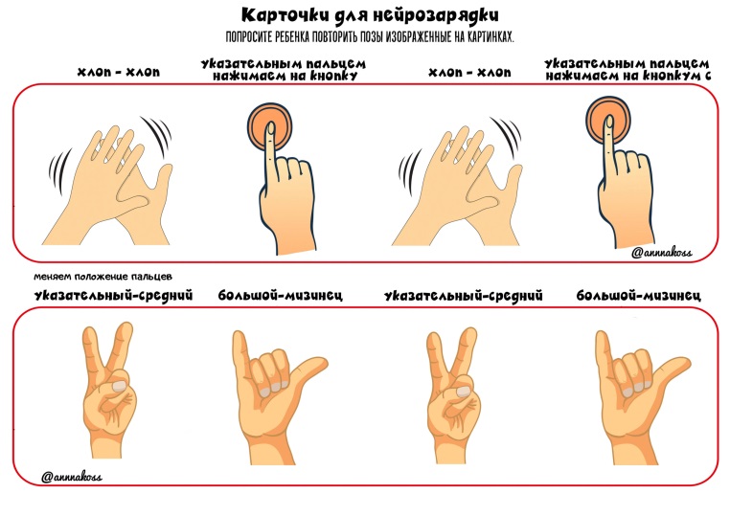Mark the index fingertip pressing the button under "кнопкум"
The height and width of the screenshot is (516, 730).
[x=608, y=123]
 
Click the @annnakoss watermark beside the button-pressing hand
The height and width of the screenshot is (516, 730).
[x=662, y=253]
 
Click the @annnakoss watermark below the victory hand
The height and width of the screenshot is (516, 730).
[x=71, y=477]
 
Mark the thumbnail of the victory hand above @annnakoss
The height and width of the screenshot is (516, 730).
[x=120, y=385]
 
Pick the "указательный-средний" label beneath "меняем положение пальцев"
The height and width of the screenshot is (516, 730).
[x=113, y=296]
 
